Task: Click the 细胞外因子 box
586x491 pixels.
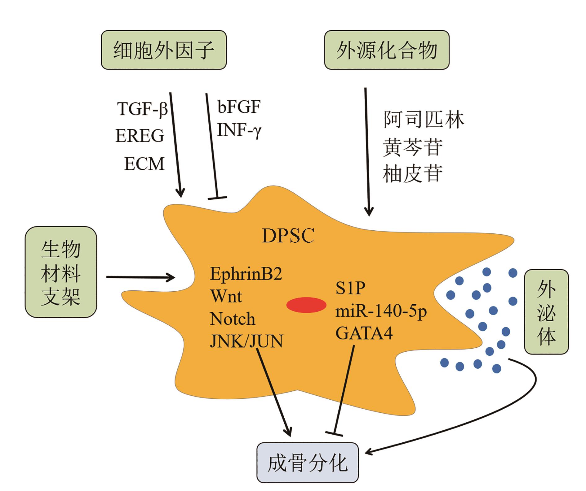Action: (164, 50)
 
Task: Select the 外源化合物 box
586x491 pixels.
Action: (387, 50)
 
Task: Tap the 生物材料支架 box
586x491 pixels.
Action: (61, 272)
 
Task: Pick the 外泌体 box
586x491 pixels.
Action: (546, 311)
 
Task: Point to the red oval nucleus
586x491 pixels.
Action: (306, 305)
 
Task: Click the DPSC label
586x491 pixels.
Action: (288, 236)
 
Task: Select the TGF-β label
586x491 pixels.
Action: (142, 109)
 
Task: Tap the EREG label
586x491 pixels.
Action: (140, 136)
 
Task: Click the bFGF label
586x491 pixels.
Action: (239, 107)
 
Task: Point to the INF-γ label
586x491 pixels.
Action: (239, 130)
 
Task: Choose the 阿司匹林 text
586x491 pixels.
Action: (424, 119)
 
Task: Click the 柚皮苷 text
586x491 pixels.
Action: (413, 173)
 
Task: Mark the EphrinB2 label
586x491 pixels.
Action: (246, 274)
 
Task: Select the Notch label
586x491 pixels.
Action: (233, 319)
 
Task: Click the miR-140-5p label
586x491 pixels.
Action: (381, 311)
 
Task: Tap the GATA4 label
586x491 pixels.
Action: (364, 333)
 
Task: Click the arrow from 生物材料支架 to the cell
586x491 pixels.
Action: (140, 277)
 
